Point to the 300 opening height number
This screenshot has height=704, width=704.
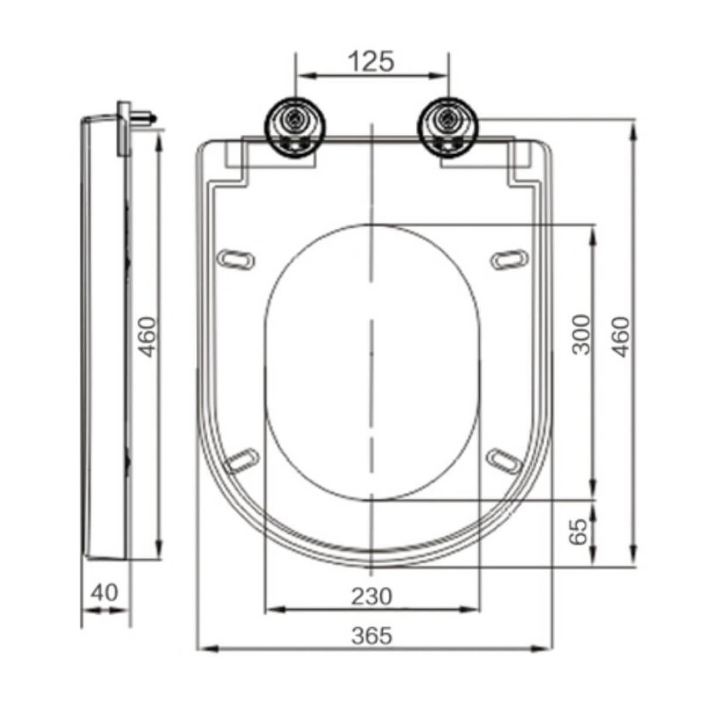pyautogui.click(x=581, y=334)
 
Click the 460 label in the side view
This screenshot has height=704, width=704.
pyautogui.click(x=147, y=337)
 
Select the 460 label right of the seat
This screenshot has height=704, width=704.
pyautogui.click(x=621, y=337)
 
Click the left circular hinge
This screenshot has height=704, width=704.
pyautogui.click(x=296, y=128)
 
